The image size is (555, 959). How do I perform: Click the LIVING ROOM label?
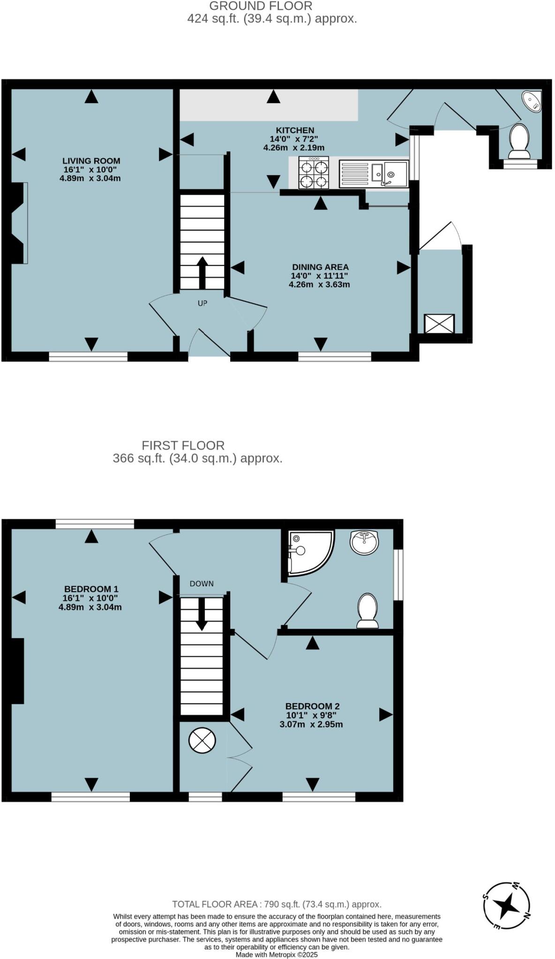[x=91, y=161]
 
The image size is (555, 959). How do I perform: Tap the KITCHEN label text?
[x=295, y=130]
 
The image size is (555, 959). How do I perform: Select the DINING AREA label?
[x=320, y=267]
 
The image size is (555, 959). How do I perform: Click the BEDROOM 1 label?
[x=91, y=589]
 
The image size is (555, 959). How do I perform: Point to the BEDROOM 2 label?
[x=312, y=706]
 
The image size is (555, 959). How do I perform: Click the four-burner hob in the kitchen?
[x=314, y=173]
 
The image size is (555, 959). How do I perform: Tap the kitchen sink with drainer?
[x=373, y=173]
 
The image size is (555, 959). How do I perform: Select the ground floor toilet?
[x=518, y=141]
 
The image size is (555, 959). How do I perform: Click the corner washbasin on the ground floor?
[x=532, y=102]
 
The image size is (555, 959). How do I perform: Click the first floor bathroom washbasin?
[x=364, y=542]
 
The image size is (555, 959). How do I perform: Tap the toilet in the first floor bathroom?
[x=367, y=610]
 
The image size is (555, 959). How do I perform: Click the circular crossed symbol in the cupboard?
[x=202, y=741]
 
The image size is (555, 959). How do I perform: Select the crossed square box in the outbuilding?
[x=439, y=324]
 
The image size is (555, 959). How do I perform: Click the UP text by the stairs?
[x=202, y=303]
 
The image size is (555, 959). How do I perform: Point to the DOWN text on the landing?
[x=202, y=584]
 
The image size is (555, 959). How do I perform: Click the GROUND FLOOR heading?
[x=261, y=6]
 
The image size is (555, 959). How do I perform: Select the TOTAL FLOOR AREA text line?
[x=277, y=904]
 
